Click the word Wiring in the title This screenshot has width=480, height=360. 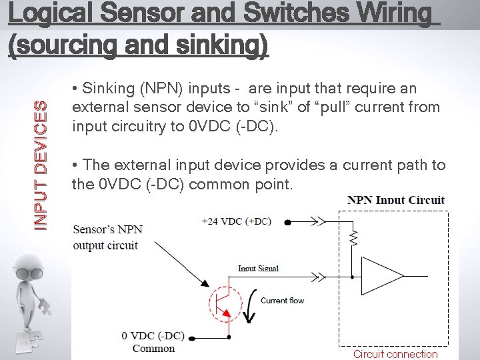coord(387,14)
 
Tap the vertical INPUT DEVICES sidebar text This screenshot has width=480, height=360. coord(41,165)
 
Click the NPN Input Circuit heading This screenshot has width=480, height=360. coord(396,200)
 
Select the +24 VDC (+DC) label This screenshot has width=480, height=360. coord(236,221)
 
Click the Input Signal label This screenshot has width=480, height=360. coord(258,269)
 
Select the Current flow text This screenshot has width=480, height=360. coord(282,301)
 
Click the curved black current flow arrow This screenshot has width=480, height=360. coord(251,306)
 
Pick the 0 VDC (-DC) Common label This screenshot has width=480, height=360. coord(154,341)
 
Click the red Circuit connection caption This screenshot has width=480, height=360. coord(395,354)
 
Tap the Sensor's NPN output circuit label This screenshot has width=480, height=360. coord(107,237)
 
